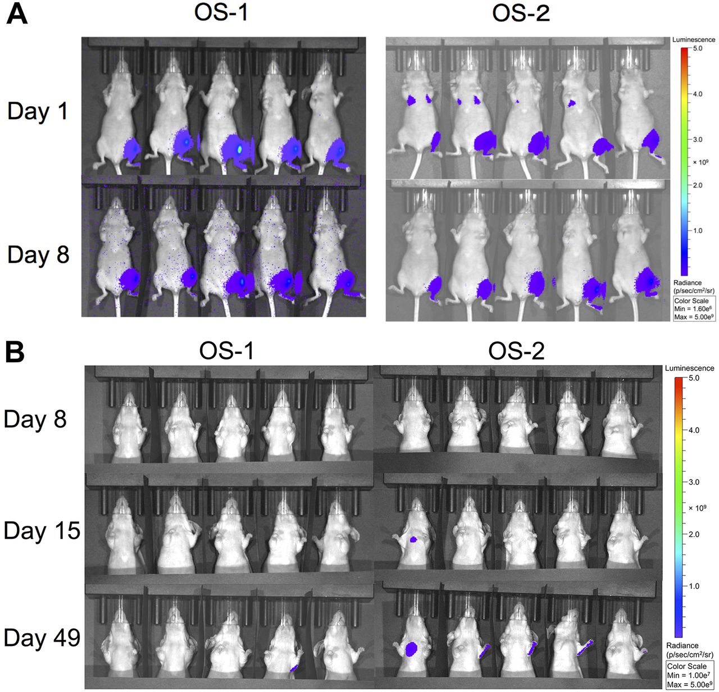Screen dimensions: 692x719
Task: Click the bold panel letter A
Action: pyautogui.click(x=16, y=13)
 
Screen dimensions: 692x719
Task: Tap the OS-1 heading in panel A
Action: pyautogui.click(x=221, y=12)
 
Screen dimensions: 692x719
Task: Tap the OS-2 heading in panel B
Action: pyautogui.click(x=516, y=351)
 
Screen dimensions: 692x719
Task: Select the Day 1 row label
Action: pyautogui.click(x=38, y=111)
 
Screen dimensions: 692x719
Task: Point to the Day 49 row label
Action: pyautogui.click(x=42, y=638)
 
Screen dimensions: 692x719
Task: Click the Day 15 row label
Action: pyautogui.click(x=42, y=531)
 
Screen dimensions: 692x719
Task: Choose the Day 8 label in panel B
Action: pyautogui.click(x=35, y=419)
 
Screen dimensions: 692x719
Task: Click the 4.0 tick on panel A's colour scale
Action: pyautogui.click(x=697, y=94)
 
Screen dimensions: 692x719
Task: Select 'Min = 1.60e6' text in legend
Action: pyautogui.click(x=694, y=309)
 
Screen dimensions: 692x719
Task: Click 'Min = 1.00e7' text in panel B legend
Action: pyautogui.click(x=686, y=675)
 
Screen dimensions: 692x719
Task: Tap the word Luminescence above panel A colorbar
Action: pyautogui.click(x=694, y=40)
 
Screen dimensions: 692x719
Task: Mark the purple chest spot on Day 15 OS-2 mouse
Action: pyautogui.click(x=413, y=539)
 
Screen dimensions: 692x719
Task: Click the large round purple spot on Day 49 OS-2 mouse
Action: pyautogui.click(x=412, y=650)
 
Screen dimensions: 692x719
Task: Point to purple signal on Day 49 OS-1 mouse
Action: pyautogui.click(x=294, y=668)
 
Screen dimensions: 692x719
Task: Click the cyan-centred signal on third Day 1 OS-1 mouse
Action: pyautogui.click(x=240, y=149)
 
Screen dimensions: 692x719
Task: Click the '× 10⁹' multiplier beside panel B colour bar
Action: pyautogui.click(x=697, y=508)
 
